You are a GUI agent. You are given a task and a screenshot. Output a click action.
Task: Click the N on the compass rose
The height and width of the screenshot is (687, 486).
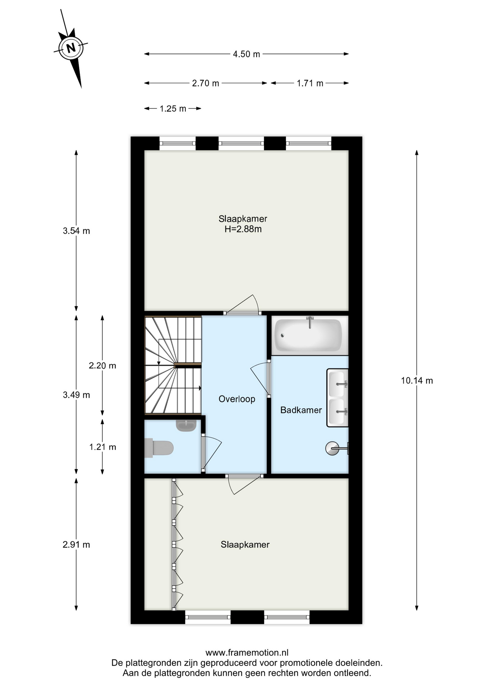71,48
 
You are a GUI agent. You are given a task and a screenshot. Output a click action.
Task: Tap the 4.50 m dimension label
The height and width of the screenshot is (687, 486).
246,54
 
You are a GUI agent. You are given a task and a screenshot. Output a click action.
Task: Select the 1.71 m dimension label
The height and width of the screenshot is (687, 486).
310,83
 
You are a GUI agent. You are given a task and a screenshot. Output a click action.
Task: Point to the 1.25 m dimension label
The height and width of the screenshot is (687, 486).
173,109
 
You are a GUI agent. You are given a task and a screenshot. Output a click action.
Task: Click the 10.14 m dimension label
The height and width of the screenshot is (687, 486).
417,381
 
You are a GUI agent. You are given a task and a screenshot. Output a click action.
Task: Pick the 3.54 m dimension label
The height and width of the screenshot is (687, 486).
76,231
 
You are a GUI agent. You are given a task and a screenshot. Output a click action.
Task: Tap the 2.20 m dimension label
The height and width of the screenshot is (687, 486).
102,366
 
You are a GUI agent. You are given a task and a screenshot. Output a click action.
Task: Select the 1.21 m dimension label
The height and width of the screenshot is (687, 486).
102,447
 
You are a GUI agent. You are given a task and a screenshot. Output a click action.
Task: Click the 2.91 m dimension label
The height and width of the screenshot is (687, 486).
76,545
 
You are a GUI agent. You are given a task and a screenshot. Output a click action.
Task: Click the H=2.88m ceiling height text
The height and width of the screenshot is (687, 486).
243,229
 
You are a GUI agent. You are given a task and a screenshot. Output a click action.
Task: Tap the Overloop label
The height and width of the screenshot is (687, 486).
237,399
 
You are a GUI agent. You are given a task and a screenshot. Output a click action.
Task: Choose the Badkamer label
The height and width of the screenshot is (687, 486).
301,410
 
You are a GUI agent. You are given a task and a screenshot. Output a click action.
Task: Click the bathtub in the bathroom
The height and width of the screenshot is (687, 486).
308,335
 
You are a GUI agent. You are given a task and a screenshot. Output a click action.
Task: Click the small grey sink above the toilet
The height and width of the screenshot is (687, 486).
186,425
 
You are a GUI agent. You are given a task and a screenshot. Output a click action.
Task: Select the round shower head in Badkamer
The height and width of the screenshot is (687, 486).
332,448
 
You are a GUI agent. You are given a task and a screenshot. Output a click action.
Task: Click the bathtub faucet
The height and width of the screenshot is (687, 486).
310,322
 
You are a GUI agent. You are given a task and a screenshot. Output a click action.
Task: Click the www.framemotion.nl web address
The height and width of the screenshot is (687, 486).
247,653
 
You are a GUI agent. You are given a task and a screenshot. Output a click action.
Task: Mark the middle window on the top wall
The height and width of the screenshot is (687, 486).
241,143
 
